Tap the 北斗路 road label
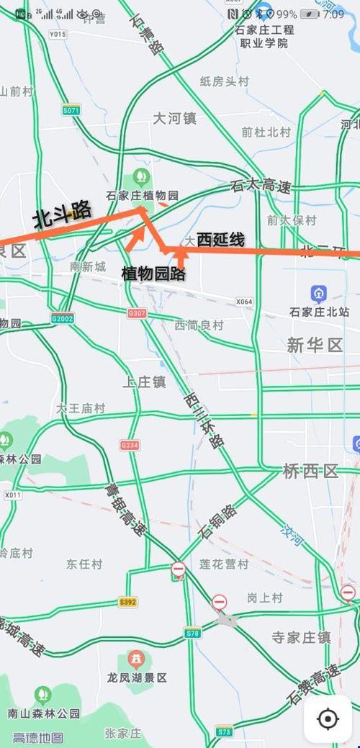[x=63, y=215]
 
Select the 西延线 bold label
[x=220, y=239]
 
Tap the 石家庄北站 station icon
[x=318, y=294]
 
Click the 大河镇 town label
[x=174, y=119]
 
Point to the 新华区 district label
[x=315, y=346]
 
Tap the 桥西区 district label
[x=310, y=472]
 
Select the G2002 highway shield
[x=63, y=317]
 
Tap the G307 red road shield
[x=136, y=313]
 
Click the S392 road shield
[x=127, y=602]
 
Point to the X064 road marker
[x=244, y=302]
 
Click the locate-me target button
[x=328, y=718]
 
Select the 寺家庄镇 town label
[x=301, y=637]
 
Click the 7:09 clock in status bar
[x=333, y=14]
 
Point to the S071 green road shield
[x=71, y=110]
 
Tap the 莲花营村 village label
[x=223, y=564]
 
